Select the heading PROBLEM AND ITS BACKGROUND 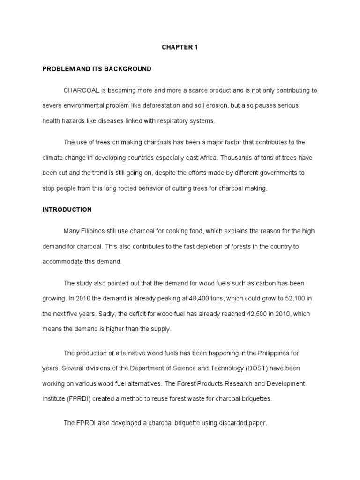[97, 69]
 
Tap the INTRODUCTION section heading [67, 210]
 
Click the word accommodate [62, 262]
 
